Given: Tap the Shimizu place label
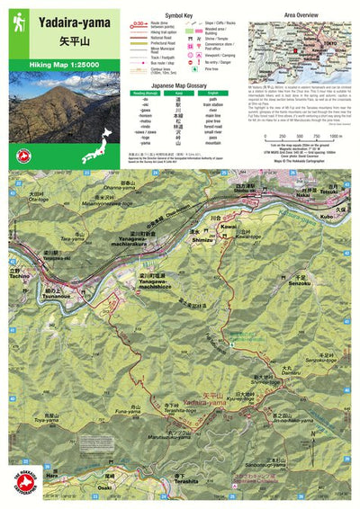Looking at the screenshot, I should [x=200, y=240].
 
